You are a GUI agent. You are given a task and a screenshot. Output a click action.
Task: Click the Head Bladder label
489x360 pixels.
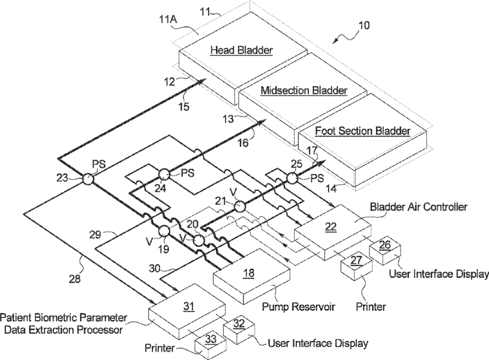[242, 50]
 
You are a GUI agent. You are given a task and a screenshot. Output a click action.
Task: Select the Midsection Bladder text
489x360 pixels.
[304, 91]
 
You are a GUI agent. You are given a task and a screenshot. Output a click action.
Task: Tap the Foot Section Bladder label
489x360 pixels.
[362, 130]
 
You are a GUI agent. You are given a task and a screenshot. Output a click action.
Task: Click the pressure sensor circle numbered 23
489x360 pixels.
[88, 179]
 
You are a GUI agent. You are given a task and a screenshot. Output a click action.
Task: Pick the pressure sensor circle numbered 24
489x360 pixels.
[164, 175]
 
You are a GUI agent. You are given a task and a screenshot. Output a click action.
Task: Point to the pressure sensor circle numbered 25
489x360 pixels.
[292, 178]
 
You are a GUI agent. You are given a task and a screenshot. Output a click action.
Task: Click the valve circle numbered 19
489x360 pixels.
[164, 231]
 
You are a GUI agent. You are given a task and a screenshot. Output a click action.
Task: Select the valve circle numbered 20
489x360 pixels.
[198, 241]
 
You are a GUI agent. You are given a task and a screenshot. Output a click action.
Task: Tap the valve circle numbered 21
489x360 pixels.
[240, 206]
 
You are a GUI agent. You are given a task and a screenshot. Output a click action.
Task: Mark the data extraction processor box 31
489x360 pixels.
[187, 311]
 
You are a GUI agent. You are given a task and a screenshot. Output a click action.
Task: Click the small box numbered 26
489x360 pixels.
[385, 250]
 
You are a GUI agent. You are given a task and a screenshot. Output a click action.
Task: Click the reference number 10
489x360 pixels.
[363, 25]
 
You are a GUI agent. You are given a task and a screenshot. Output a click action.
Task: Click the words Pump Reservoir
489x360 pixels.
[299, 307]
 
